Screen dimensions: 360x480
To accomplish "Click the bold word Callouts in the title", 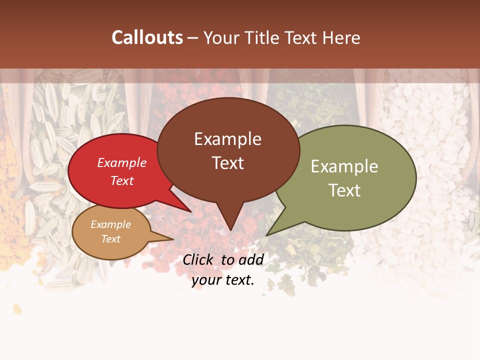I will pyautogui.click(x=147, y=38).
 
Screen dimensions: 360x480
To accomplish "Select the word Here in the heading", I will pyautogui.click(x=341, y=38).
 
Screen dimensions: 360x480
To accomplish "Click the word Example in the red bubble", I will pyautogui.click(x=122, y=162).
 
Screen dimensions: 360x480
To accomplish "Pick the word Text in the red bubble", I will pyautogui.click(x=122, y=180).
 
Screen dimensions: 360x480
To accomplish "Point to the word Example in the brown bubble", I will pyautogui.click(x=227, y=139).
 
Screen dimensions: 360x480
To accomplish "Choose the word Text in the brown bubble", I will pyautogui.click(x=227, y=163).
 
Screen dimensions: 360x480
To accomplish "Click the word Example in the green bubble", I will pyautogui.click(x=344, y=166).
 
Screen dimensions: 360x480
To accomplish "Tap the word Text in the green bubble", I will pyautogui.click(x=344, y=190).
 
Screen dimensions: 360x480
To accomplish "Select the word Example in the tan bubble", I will pyautogui.click(x=110, y=224).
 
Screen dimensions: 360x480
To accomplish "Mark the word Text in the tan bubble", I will pyautogui.click(x=110, y=239).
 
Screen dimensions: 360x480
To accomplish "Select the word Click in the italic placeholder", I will pyautogui.click(x=199, y=259).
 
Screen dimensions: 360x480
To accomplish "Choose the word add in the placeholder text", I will pyautogui.click(x=251, y=259).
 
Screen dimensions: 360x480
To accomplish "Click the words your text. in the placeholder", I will pyautogui.click(x=223, y=280).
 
